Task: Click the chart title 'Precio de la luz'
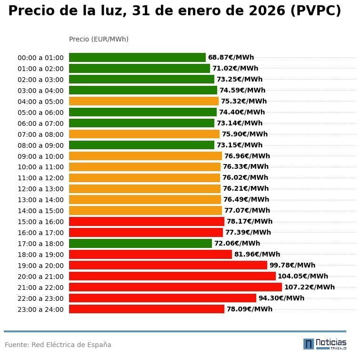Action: click(x=174, y=11)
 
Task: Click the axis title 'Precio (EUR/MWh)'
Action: click(x=99, y=39)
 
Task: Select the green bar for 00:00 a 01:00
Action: click(x=137, y=58)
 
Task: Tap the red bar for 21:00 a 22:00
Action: click(x=175, y=287)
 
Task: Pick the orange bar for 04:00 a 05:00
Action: click(x=144, y=101)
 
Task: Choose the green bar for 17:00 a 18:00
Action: click(x=140, y=244)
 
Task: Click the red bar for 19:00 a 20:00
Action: click(x=168, y=265)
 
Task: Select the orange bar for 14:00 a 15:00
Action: click(x=145, y=210)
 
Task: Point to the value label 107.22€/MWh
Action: click(x=309, y=287)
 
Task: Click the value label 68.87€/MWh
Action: click(x=231, y=58)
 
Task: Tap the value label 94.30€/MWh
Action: click(x=281, y=298)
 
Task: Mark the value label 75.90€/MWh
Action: click(x=244, y=134)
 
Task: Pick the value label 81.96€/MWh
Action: click(x=257, y=255)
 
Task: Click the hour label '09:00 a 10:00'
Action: click(x=40, y=156)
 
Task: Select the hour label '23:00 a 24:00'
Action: click(x=40, y=309)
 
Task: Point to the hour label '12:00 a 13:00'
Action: click(x=40, y=189)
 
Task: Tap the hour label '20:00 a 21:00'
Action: click(x=40, y=277)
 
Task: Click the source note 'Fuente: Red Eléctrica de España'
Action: click(x=58, y=345)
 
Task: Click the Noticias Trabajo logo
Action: click(x=325, y=344)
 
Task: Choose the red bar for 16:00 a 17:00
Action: click(x=146, y=233)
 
